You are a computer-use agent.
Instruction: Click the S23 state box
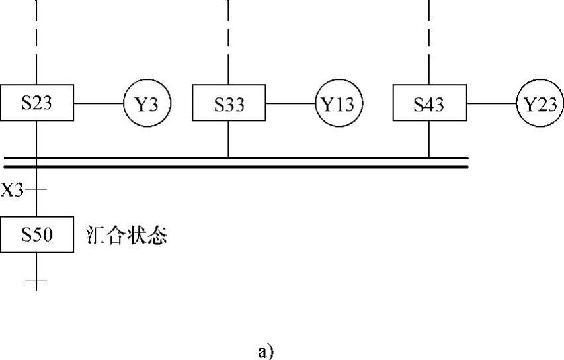[x=36, y=103]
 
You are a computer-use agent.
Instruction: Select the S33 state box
[x=228, y=103]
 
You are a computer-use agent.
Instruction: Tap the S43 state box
[x=428, y=103]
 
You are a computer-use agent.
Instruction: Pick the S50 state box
[x=36, y=235]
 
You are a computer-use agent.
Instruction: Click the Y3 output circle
[x=147, y=104]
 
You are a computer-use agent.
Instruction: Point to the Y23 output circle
[x=540, y=104]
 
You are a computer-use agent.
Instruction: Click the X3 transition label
[x=12, y=191]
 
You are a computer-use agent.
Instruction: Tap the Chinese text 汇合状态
[x=127, y=236]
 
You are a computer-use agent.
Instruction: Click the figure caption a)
[x=264, y=351]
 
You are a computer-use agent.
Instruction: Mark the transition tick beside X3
[x=36, y=190]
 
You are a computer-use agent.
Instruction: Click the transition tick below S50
[x=36, y=283]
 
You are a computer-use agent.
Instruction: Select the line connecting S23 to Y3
[x=98, y=104]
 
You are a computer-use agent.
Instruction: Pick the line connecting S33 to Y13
[x=290, y=104]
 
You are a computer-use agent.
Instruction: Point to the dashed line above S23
[x=36, y=40]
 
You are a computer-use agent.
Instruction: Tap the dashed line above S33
[x=228, y=40]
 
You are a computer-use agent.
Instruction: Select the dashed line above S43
[x=428, y=40]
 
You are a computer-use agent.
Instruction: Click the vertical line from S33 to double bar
[x=228, y=140]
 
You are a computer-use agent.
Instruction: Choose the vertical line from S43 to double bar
[x=428, y=140]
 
